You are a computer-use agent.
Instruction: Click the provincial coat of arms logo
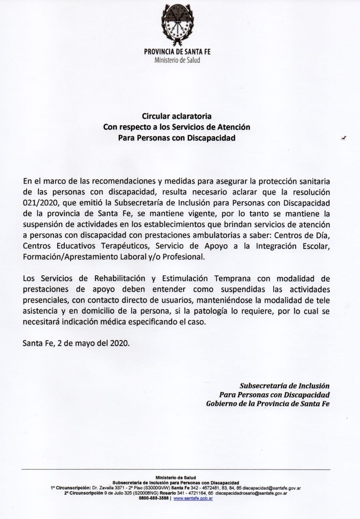click(177, 25)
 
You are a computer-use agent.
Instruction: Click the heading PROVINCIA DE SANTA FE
click(177, 52)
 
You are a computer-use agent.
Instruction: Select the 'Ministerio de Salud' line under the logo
click(177, 60)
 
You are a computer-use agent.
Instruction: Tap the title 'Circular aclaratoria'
click(177, 118)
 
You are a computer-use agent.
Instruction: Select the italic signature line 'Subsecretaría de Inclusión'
click(285, 386)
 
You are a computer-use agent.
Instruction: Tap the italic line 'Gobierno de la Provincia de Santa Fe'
click(268, 403)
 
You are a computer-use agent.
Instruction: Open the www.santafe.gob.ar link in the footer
click(193, 498)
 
